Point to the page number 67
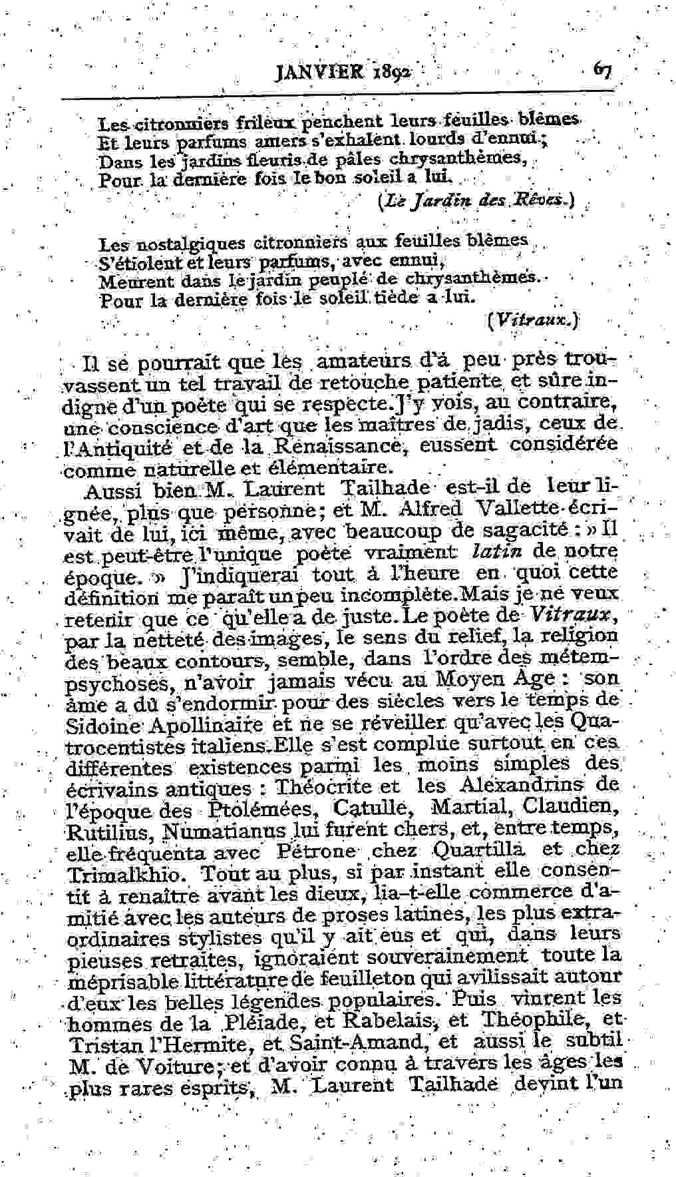603,69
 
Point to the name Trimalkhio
118,872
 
